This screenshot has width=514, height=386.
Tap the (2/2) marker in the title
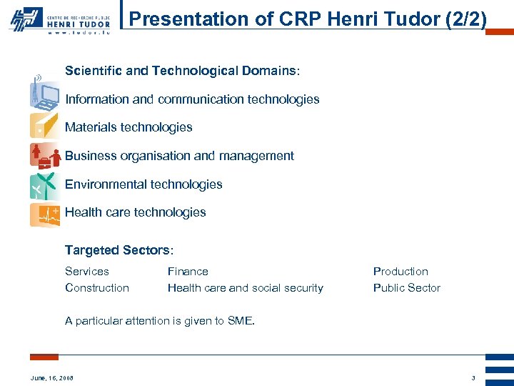pos(465,19)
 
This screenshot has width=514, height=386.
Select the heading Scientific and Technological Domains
pos(182,71)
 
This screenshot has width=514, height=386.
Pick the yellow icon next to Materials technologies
pos(44,126)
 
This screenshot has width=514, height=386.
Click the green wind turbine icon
pos(44,185)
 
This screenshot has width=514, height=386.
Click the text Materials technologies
pos(128,127)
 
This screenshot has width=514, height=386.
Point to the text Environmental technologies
pos(143,184)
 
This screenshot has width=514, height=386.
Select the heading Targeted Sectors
pos(119,250)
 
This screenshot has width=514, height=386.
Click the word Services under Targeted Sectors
pos(87,272)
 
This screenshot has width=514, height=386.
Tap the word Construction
pos(97,288)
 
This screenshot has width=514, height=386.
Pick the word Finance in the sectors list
pos(188,272)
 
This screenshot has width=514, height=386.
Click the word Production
pos(400,272)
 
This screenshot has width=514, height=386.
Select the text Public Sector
pos(406,288)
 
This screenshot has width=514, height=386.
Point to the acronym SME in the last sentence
pos(239,321)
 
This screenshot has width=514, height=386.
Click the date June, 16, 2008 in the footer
pos(51,377)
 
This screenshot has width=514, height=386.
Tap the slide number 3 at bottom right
pos(473,377)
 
